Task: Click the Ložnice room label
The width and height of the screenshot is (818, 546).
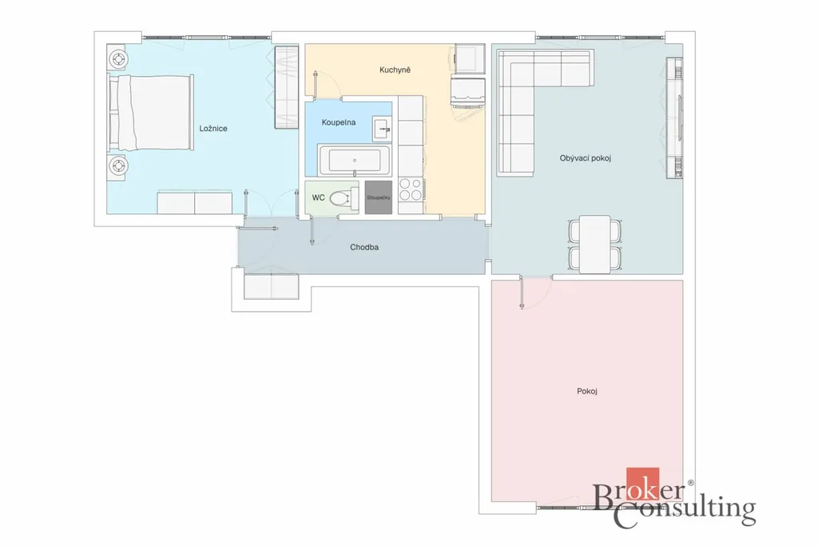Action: pos(212,129)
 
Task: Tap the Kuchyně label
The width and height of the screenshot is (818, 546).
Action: pos(395,70)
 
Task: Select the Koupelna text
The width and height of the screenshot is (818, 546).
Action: pos(339,122)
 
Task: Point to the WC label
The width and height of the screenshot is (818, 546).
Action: pos(318,197)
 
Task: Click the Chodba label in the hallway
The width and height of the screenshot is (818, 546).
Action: pos(364,248)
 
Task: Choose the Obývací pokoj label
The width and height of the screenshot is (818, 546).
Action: pos(586,158)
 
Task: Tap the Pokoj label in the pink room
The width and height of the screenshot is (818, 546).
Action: pos(587,391)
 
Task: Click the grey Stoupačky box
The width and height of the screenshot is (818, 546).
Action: pos(378,197)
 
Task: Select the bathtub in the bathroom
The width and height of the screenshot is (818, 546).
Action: pos(354,160)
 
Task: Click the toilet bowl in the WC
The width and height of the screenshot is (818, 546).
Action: pos(340,197)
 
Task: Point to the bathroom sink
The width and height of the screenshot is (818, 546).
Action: pos(382,129)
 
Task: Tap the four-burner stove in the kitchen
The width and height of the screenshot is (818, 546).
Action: pos(411,189)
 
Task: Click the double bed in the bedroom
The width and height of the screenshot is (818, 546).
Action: pos(151,113)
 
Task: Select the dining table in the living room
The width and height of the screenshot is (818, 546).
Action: pos(594,245)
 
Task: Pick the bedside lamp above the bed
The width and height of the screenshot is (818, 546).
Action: pos(118,58)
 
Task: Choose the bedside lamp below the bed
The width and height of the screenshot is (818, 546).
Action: pos(118,166)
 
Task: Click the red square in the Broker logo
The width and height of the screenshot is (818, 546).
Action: pos(643,484)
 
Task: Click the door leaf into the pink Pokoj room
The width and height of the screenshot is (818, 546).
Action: pos(521,293)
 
